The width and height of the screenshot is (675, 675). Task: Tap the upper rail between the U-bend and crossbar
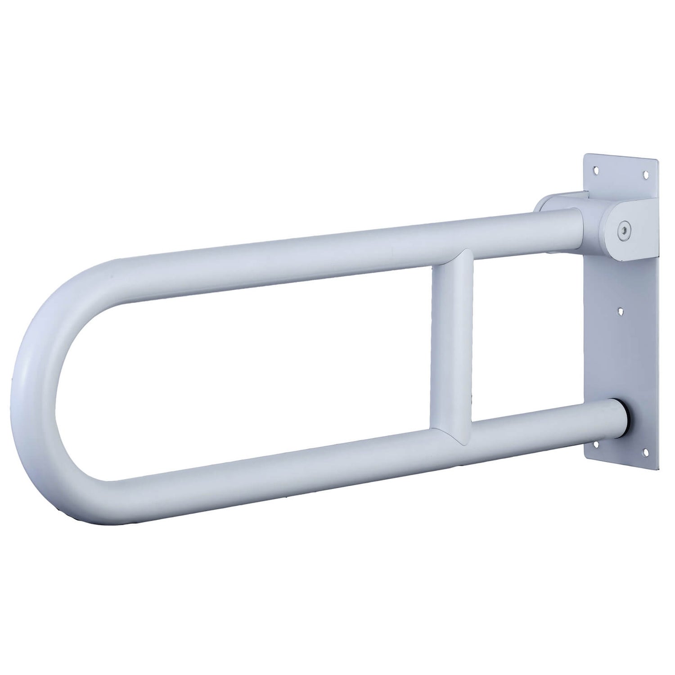[270, 265]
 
